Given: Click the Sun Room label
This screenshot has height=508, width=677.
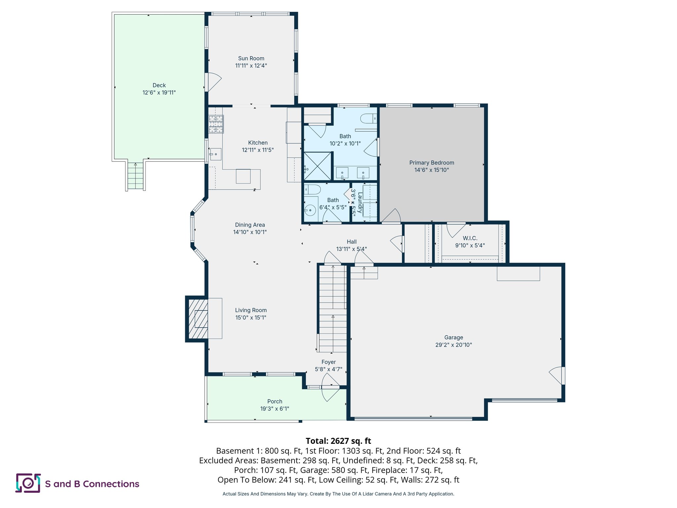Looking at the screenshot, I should [x=251, y=59].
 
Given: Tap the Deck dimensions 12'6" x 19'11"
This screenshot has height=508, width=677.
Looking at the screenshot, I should [x=159, y=93].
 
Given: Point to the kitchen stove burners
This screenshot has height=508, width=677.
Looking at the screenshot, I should [x=216, y=124].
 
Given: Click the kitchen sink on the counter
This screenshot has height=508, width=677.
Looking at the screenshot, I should [x=216, y=154].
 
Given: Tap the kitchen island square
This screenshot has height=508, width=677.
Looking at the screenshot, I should [x=243, y=176].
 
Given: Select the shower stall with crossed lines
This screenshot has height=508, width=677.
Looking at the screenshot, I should [x=317, y=166].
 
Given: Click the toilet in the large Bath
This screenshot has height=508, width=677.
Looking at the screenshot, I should [x=368, y=118].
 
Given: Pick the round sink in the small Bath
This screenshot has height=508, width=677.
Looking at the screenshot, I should [x=310, y=210].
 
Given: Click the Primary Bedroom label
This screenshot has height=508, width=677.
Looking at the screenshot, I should [x=431, y=163].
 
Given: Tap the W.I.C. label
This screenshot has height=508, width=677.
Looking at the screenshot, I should [x=470, y=238].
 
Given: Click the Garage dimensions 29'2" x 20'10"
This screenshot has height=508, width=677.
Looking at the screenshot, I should [x=453, y=345].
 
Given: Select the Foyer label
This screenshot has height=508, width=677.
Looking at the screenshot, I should [x=328, y=362].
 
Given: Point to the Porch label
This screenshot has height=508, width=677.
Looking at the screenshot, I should [x=274, y=402].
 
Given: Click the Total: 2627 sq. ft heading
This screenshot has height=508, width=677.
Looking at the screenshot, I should [x=338, y=441].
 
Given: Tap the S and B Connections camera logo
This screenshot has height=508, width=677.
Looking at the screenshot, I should [x=28, y=483].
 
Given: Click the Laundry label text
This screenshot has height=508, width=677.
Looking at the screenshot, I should [x=360, y=202].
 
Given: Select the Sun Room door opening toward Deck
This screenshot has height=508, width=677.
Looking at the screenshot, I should [x=213, y=82].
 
